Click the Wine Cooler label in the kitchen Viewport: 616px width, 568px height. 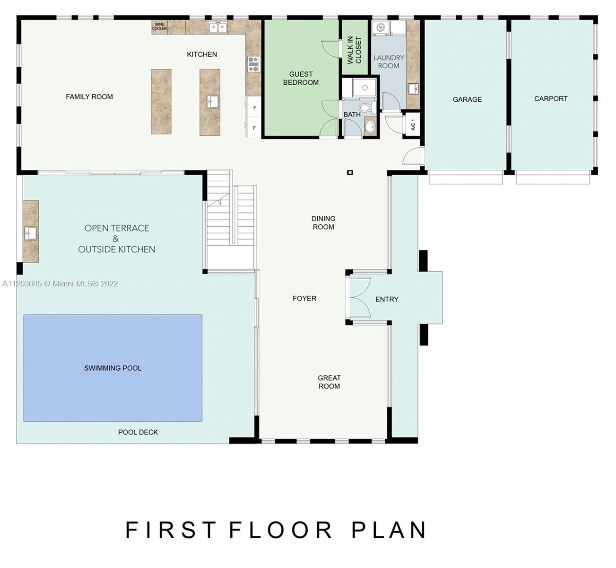[x=159, y=27]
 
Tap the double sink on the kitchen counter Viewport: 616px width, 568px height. [x=218, y=27]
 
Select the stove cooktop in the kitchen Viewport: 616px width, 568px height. [x=253, y=63]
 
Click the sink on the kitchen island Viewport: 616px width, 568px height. [x=213, y=101]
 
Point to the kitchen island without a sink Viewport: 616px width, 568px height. [x=161, y=101]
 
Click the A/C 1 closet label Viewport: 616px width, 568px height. [x=413, y=124]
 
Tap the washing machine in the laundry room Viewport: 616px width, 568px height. [x=381, y=27]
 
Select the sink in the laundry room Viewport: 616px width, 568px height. [x=413, y=89]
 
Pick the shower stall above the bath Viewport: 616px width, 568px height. [x=364, y=88]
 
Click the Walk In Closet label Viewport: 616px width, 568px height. [x=354, y=50]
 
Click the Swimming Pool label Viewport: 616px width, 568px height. [x=113, y=368]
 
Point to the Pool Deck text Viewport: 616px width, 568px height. [x=138, y=432]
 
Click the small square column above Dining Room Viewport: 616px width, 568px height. [x=350, y=172]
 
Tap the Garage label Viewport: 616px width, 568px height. [x=467, y=99]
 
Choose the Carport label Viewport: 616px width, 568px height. [x=551, y=98]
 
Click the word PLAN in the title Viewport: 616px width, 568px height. [x=389, y=530]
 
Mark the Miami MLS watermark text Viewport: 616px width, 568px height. [x=61, y=284]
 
